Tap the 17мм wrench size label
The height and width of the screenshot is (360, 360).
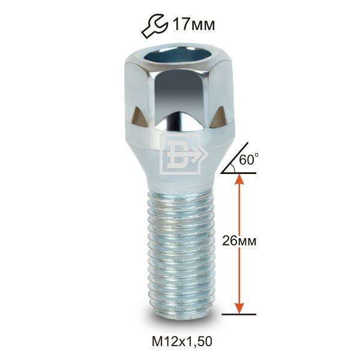(194, 25)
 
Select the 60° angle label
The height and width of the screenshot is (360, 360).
(248, 159)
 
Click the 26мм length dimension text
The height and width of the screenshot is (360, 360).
(239, 241)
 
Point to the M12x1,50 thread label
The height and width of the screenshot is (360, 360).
(182, 341)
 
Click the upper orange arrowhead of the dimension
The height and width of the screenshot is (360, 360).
(239, 179)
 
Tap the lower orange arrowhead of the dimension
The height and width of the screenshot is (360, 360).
(239, 308)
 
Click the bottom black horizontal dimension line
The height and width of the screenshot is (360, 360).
(239, 314)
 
